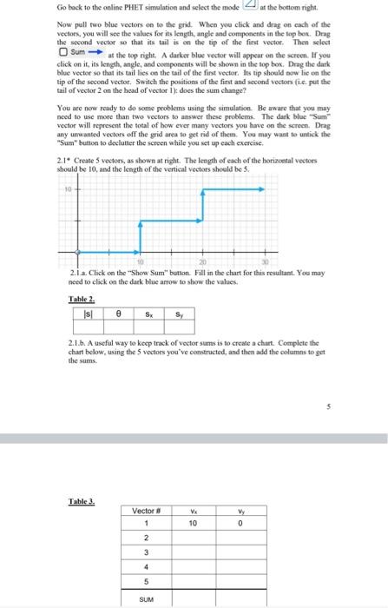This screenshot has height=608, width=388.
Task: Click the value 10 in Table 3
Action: tap(194, 524)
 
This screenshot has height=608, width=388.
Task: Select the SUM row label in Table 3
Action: tap(148, 598)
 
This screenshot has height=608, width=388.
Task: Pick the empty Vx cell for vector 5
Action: tap(194, 583)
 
